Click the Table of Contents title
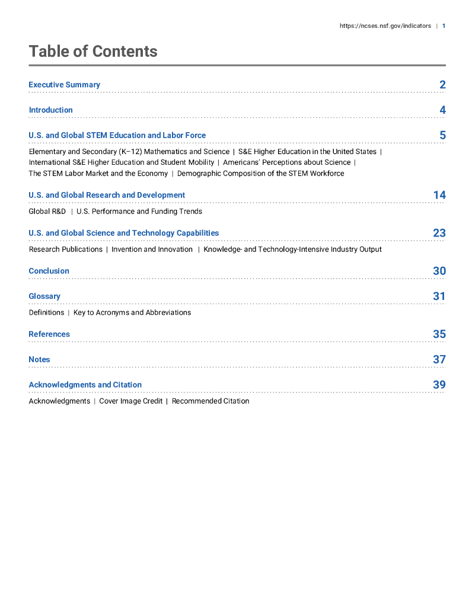[x=93, y=52]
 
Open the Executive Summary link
[x=64, y=85]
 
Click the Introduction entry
[x=50, y=110]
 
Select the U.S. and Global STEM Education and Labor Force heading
[x=117, y=136]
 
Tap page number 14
[x=439, y=195]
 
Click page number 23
[x=439, y=233]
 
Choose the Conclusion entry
[x=49, y=271]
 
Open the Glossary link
[x=44, y=296]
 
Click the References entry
[x=49, y=334]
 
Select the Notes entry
[x=39, y=360]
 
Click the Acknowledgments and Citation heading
[x=85, y=385]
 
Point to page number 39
[x=439, y=385]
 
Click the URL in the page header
[x=385, y=26]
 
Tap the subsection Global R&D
[x=47, y=212]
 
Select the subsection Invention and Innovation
[x=152, y=250]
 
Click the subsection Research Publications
[x=65, y=250]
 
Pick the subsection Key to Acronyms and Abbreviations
[x=132, y=312]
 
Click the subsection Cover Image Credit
[x=130, y=401]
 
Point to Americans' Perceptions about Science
[x=286, y=162]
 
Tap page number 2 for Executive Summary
[x=442, y=85]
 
